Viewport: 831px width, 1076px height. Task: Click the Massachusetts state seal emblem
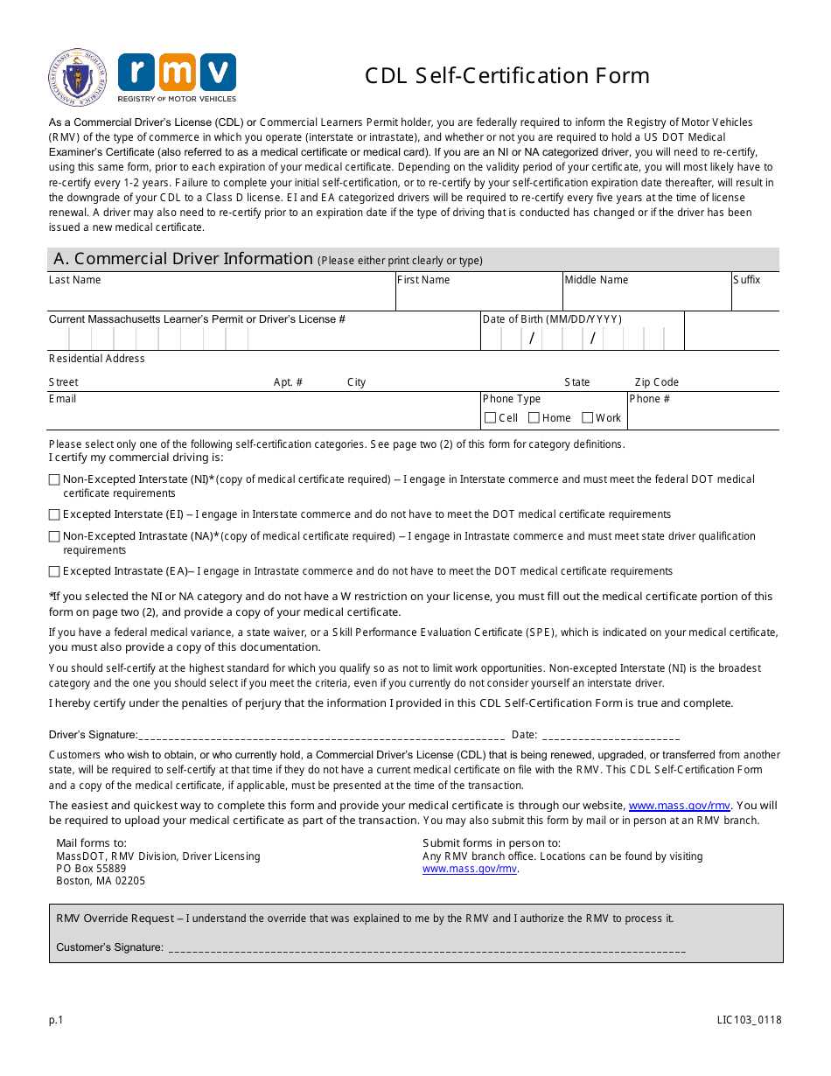(78, 78)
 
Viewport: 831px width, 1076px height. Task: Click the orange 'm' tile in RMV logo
(177, 73)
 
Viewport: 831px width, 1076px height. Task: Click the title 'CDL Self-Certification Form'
(507, 76)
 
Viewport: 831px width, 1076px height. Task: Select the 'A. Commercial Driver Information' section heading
(183, 259)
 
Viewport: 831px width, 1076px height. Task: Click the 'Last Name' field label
(74, 280)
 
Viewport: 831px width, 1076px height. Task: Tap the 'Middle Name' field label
(596, 280)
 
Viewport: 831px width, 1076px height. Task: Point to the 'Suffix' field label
(747, 280)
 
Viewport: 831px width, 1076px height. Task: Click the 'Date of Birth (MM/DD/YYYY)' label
(552, 319)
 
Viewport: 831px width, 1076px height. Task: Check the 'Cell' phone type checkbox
(491, 418)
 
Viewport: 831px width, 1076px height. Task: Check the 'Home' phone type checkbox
(534, 418)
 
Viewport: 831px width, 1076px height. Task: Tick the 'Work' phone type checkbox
(588, 418)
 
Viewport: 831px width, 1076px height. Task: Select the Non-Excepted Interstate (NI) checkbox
(54, 479)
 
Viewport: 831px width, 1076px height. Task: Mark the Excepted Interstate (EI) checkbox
(54, 514)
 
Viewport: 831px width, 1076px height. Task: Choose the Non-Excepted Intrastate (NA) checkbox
(54, 536)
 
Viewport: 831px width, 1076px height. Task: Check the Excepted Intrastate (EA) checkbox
(54, 571)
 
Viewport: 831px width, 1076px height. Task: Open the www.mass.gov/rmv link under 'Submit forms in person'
(469, 870)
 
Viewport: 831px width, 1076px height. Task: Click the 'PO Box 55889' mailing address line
(91, 869)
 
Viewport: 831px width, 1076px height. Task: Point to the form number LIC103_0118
(748, 1020)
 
